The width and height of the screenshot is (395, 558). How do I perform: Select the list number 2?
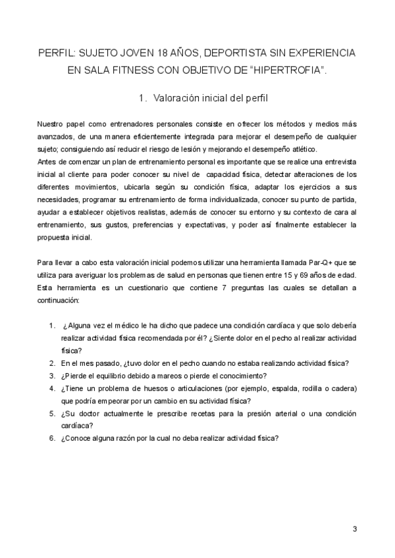coord(51,363)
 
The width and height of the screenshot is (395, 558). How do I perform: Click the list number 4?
coord(51,388)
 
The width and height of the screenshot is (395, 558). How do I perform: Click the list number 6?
coord(51,438)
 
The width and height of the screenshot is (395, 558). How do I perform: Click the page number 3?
coord(354,528)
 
